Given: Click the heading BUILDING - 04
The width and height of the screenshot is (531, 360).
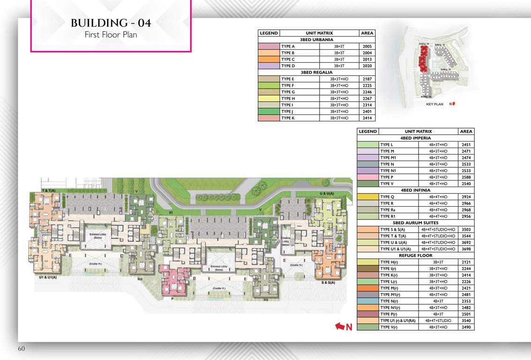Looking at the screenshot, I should click(111, 23).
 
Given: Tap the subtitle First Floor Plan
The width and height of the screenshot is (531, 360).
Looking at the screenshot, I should click(111, 35).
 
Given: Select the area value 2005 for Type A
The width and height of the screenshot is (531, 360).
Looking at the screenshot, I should click(367, 47).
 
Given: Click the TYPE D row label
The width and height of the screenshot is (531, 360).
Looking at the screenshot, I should click(288, 67).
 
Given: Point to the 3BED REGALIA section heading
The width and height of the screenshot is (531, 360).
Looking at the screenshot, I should click(316, 73).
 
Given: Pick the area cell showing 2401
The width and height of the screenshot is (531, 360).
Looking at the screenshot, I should click(367, 112).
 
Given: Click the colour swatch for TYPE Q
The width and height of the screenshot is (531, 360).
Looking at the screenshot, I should click(367, 197).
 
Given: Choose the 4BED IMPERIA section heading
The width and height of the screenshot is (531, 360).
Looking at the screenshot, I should click(415, 139).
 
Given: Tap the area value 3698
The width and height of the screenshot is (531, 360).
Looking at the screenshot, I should click(466, 249).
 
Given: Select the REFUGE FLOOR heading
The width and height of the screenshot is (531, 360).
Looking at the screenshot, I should click(415, 255).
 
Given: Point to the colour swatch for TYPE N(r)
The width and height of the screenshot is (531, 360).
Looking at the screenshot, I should click(367, 301).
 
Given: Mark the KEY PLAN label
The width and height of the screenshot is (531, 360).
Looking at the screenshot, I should click(435, 105).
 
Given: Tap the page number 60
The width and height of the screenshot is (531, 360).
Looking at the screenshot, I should click(22, 349).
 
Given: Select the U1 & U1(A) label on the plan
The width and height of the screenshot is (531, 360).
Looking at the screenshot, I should click(48, 278).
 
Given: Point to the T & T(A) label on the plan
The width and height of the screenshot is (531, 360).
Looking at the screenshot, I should click(49, 190).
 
